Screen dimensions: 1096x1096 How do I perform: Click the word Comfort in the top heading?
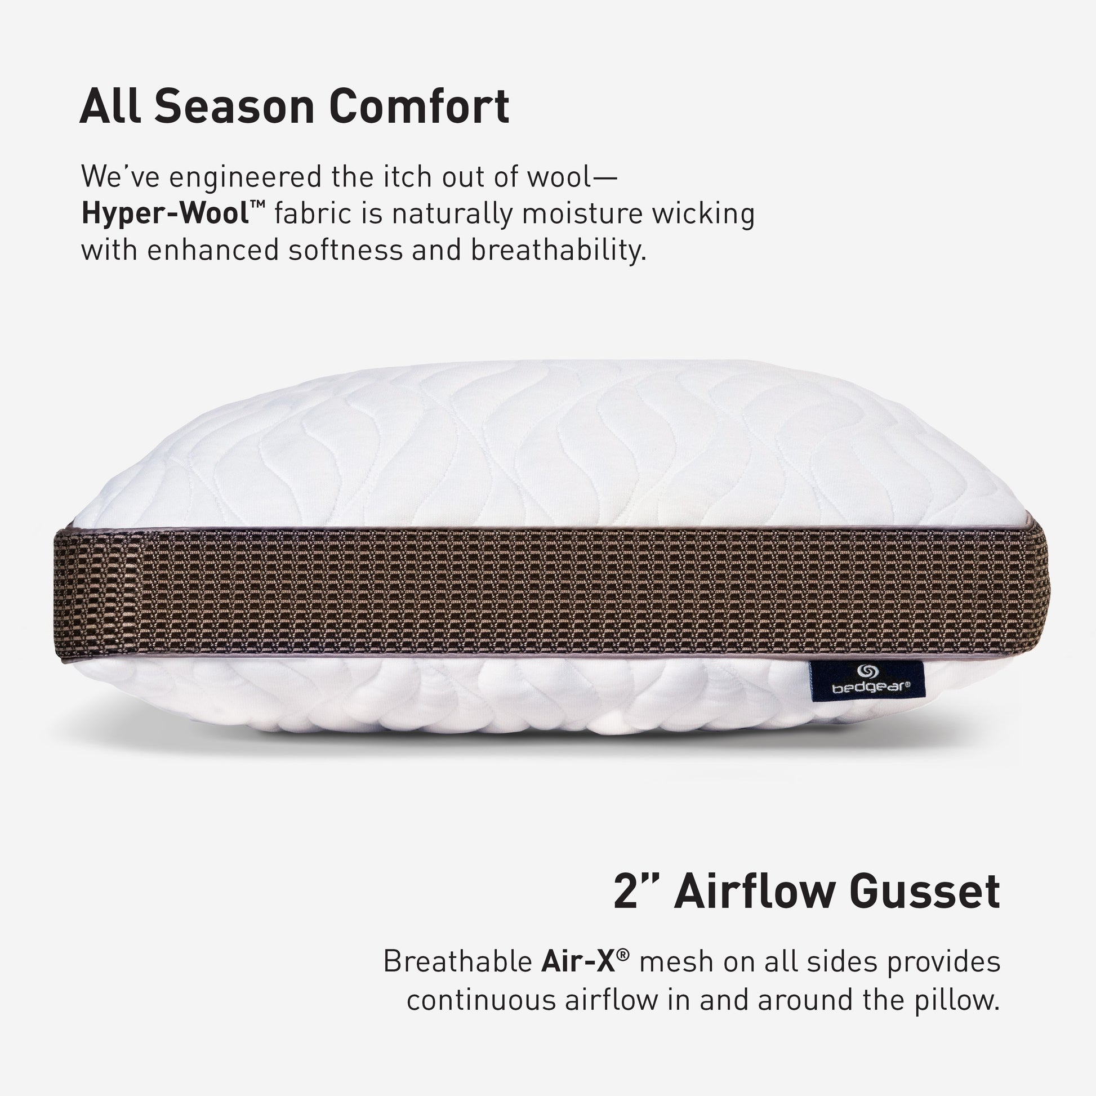point(419,106)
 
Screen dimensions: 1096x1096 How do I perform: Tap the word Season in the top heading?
point(234,106)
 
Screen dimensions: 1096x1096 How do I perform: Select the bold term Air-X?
point(581,961)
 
